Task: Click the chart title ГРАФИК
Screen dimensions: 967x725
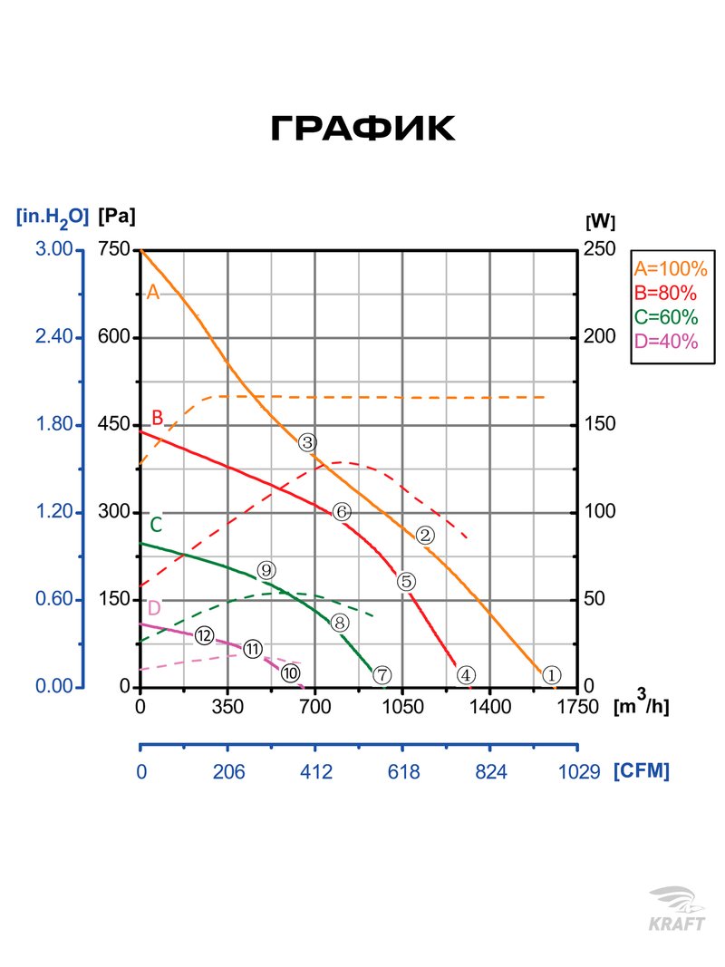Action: [x=362, y=130]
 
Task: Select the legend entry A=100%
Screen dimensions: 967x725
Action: [x=670, y=268]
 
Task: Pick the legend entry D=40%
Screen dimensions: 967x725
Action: [x=666, y=342]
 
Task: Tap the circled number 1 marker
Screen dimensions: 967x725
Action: [x=552, y=674]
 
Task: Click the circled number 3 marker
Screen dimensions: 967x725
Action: [x=307, y=442]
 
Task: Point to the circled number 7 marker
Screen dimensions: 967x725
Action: [x=382, y=674]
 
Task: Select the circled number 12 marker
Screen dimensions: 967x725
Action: [x=204, y=635]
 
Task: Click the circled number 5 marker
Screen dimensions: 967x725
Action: [x=405, y=581]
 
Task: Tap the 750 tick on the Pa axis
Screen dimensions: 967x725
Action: [x=114, y=249]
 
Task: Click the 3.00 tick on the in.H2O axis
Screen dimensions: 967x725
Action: [x=53, y=249]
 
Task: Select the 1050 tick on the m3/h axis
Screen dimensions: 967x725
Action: [x=402, y=706]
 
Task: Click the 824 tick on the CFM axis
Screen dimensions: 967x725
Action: [x=489, y=772]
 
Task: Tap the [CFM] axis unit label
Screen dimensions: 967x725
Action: [x=642, y=771]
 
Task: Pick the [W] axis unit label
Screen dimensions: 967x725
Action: [x=601, y=220]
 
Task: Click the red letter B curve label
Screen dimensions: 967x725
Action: [x=157, y=418]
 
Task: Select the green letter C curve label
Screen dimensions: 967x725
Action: [x=156, y=524]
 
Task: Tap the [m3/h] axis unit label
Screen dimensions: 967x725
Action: [x=642, y=706]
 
